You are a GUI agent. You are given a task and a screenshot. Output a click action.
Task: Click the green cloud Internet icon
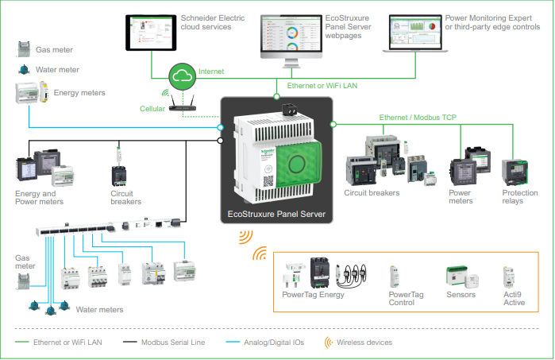coord(183,76)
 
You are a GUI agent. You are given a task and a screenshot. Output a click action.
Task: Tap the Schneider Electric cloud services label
coord(214,22)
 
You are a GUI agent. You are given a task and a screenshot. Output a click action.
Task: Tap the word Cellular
coord(152,109)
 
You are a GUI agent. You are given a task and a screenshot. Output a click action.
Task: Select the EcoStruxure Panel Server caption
coord(276,215)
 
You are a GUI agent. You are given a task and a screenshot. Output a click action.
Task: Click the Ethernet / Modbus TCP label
coord(417,118)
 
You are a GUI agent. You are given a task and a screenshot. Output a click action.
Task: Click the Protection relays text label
coord(519,197)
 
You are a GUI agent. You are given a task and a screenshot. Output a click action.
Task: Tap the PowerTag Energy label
coord(312,295)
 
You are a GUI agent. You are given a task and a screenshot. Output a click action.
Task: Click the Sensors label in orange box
coord(461,295)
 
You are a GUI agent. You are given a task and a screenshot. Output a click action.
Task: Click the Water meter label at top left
coord(58,70)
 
